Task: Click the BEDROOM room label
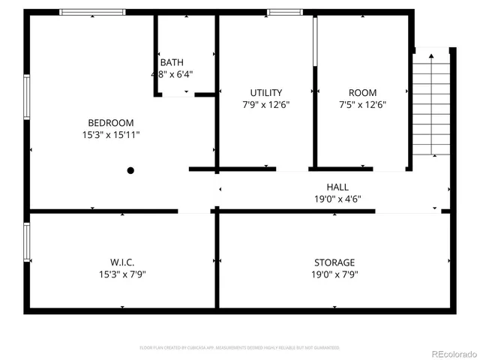[x=111, y=123]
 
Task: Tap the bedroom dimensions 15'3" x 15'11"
[x=111, y=135]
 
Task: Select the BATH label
[x=171, y=62]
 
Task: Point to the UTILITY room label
[x=266, y=93]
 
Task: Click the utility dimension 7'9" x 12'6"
[x=266, y=105]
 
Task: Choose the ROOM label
[x=362, y=93]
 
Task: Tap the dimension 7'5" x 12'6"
[x=362, y=105]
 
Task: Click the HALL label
[x=337, y=187]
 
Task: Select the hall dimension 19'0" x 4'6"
[x=337, y=199]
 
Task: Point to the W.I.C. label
[x=122, y=262]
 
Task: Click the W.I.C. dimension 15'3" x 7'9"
[x=122, y=274]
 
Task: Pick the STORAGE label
[x=334, y=262]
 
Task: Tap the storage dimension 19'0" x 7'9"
[x=334, y=274]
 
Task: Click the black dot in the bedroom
[x=130, y=171]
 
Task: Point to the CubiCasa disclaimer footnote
[x=240, y=348]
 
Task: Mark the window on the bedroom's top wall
[x=93, y=12]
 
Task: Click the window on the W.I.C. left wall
[x=28, y=241]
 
